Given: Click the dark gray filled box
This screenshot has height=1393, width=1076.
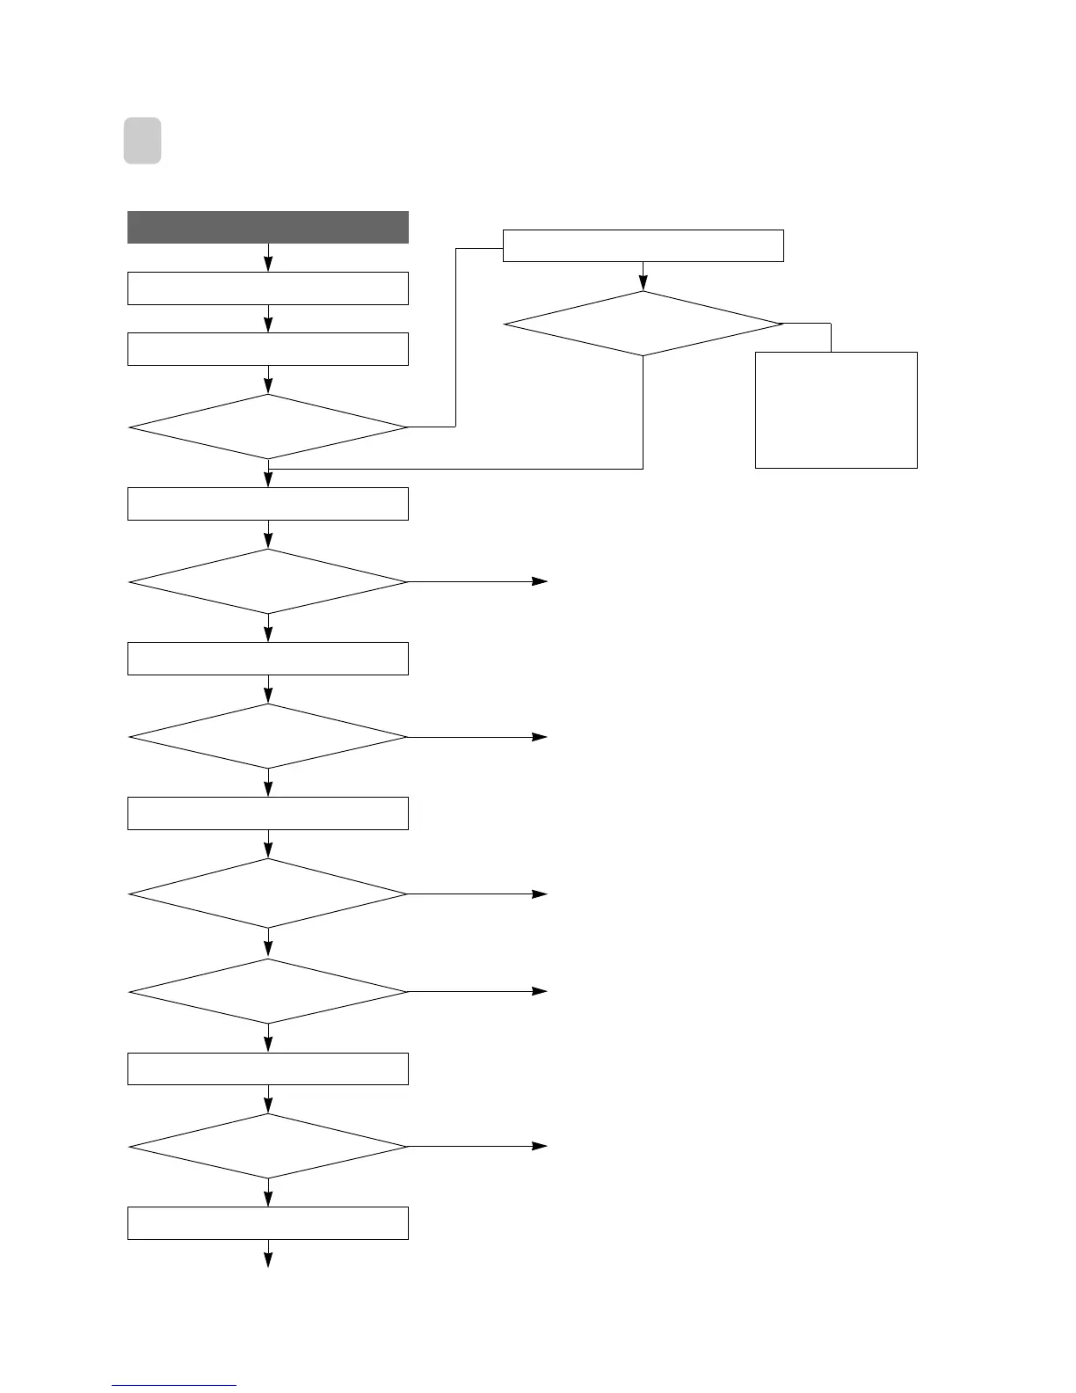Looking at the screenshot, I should coord(268,227).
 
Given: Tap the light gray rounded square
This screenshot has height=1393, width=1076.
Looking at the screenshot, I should coord(142,141).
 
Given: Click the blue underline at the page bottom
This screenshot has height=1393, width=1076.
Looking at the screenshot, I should coord(174,1385).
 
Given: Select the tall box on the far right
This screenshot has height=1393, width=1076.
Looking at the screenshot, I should coord(836,410).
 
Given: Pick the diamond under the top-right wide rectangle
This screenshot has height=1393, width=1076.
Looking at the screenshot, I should coord(643,324).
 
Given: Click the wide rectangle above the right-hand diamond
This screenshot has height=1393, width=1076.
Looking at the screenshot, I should coord(643,245).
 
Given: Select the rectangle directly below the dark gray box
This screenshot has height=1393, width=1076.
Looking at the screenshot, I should coord(268,288).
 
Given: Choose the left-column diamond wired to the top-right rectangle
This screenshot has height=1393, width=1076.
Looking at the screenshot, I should coord(268,427).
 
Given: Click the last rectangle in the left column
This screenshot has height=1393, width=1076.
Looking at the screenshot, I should coord(268,1223).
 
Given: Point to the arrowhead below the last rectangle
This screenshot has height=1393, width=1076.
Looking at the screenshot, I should coord(268,1259).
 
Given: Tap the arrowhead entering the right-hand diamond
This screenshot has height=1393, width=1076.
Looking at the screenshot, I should coord(643,283).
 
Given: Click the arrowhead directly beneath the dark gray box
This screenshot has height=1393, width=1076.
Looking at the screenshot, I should coord(268,264).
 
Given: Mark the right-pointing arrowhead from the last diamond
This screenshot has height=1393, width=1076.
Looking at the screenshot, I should coord(539,1146).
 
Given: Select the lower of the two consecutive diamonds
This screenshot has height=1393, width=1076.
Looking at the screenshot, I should coord(268,991).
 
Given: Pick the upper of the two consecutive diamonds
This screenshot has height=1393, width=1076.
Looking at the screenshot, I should coord(268,893).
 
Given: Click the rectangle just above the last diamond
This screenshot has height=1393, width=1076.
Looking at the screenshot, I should coord(268,1068).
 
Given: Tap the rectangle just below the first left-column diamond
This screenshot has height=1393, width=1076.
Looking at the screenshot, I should coord(268,504).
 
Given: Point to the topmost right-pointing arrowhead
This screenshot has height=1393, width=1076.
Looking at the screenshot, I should coord(539,581).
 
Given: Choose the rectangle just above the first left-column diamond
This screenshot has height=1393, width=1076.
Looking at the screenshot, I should coord(268,349).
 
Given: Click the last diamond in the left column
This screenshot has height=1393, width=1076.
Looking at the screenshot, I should coord(268,1146).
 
